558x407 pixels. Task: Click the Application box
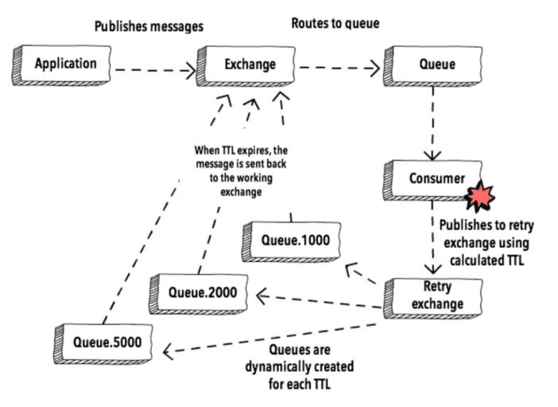(x=65, y=64)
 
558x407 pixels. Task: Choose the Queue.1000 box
(x=289, y=239)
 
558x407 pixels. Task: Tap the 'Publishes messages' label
(x=149, y=26)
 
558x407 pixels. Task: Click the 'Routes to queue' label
(x=335, y=24)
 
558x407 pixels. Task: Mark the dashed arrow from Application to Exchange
(x=154, y=71)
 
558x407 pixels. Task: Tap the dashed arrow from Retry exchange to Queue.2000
(x=318, y=300)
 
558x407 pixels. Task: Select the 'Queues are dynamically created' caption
(x=300, y=366)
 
